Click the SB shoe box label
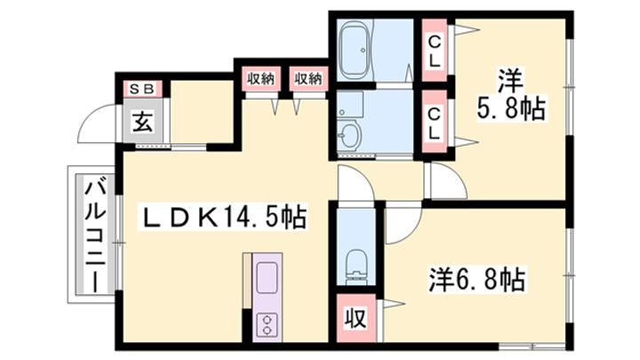pyautogui.click(x=141, y=89)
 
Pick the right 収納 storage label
pyautogui.click(x=308, y=78)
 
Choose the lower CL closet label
pyautogui.click(x=435, y=122)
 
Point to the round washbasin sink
pyautogui.click(x=350, y=137)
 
